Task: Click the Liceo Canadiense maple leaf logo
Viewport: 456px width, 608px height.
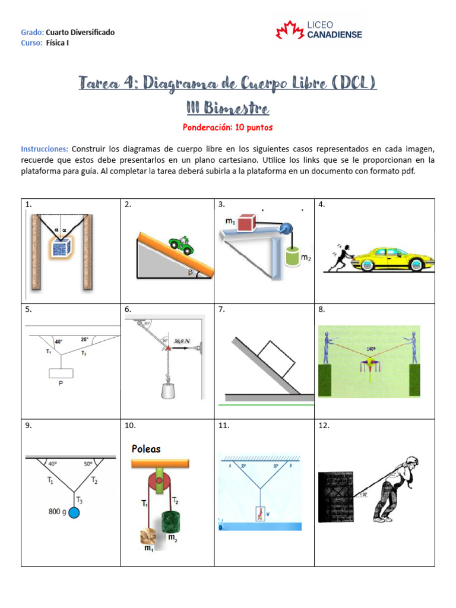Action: (x=290, y=30)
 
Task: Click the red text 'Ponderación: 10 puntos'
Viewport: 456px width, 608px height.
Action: (x=228, y=127)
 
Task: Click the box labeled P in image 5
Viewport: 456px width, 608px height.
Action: (x=61, y=373)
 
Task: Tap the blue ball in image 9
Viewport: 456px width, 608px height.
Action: (x=74, y=512)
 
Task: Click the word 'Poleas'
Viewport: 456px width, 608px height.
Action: (x=146, y=449)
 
